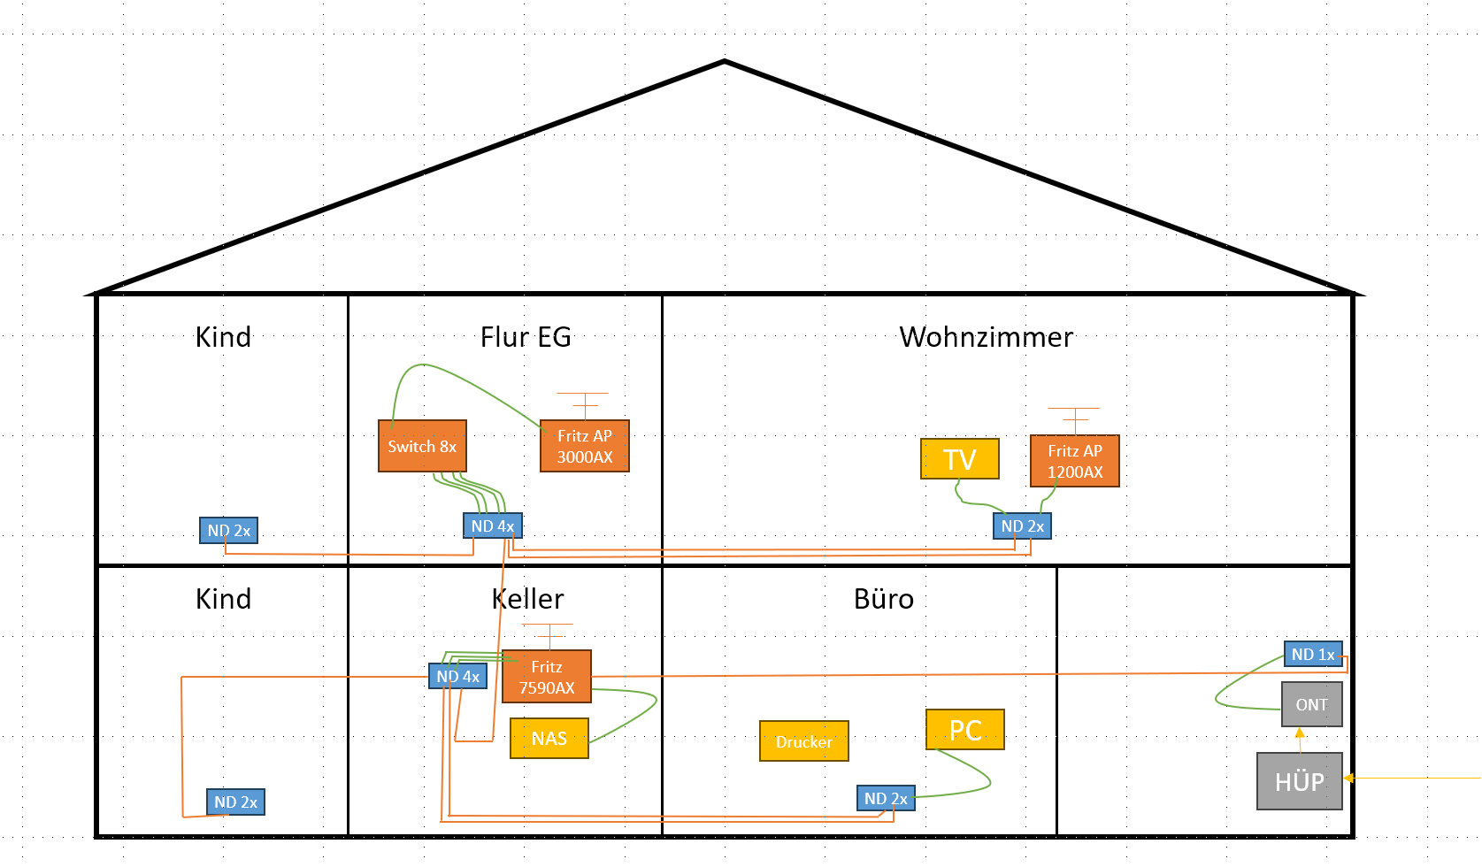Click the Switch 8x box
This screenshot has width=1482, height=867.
[422, 446]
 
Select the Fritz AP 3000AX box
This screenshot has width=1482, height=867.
[585, 446]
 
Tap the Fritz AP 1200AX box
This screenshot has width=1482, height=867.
[1075, 461]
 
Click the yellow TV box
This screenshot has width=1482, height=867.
[960, 458]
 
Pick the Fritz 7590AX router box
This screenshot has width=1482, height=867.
[547, 676]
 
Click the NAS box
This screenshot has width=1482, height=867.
[549, 738]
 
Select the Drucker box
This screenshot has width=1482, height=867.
[804, 741]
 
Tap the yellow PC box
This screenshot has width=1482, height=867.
[965, 730]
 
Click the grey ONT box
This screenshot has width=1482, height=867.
[1312, 704]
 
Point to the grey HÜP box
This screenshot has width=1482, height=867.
[1300, 781]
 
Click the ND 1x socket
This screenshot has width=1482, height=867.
[1313, 654]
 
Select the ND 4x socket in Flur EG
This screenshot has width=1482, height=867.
[493, 526]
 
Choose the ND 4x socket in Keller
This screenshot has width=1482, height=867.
[457, 676]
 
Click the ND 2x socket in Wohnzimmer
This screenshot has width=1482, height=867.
[1022, 526]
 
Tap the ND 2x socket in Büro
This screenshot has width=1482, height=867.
[886, 798]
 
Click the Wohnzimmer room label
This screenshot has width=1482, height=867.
[986, 337]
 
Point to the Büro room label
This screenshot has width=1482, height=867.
[884, 599]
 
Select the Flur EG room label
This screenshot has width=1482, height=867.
[526, 337]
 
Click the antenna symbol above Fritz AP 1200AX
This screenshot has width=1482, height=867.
[1074, 420]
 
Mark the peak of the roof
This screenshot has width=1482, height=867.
[725, 62]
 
